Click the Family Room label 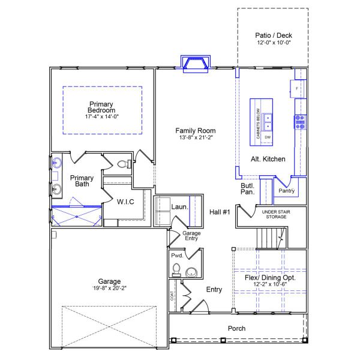tap(196, 131)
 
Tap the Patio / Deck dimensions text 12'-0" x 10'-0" tap(274, 43)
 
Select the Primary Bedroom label tap(101, 107)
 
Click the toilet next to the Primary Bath tap(124, 164)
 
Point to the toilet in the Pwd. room tap(176, 269)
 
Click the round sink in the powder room tap(191, 272)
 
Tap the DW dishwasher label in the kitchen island tap(268, 137)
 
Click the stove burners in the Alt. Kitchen tap(300, 122)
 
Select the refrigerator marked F tap(297, 88)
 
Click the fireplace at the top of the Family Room tap(196, 64)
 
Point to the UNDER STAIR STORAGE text tap(276, 214)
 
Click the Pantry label tap(287, 191)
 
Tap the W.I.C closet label tap(125, 202)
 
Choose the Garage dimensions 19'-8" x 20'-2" tap(109, 288)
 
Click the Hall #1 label tap(220, 212)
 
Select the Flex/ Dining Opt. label tap(270, 278)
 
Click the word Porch tap(236, 328)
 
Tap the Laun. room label tap(180, 207)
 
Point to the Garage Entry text tap(191, 236)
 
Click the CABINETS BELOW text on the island tap(258, 124)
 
